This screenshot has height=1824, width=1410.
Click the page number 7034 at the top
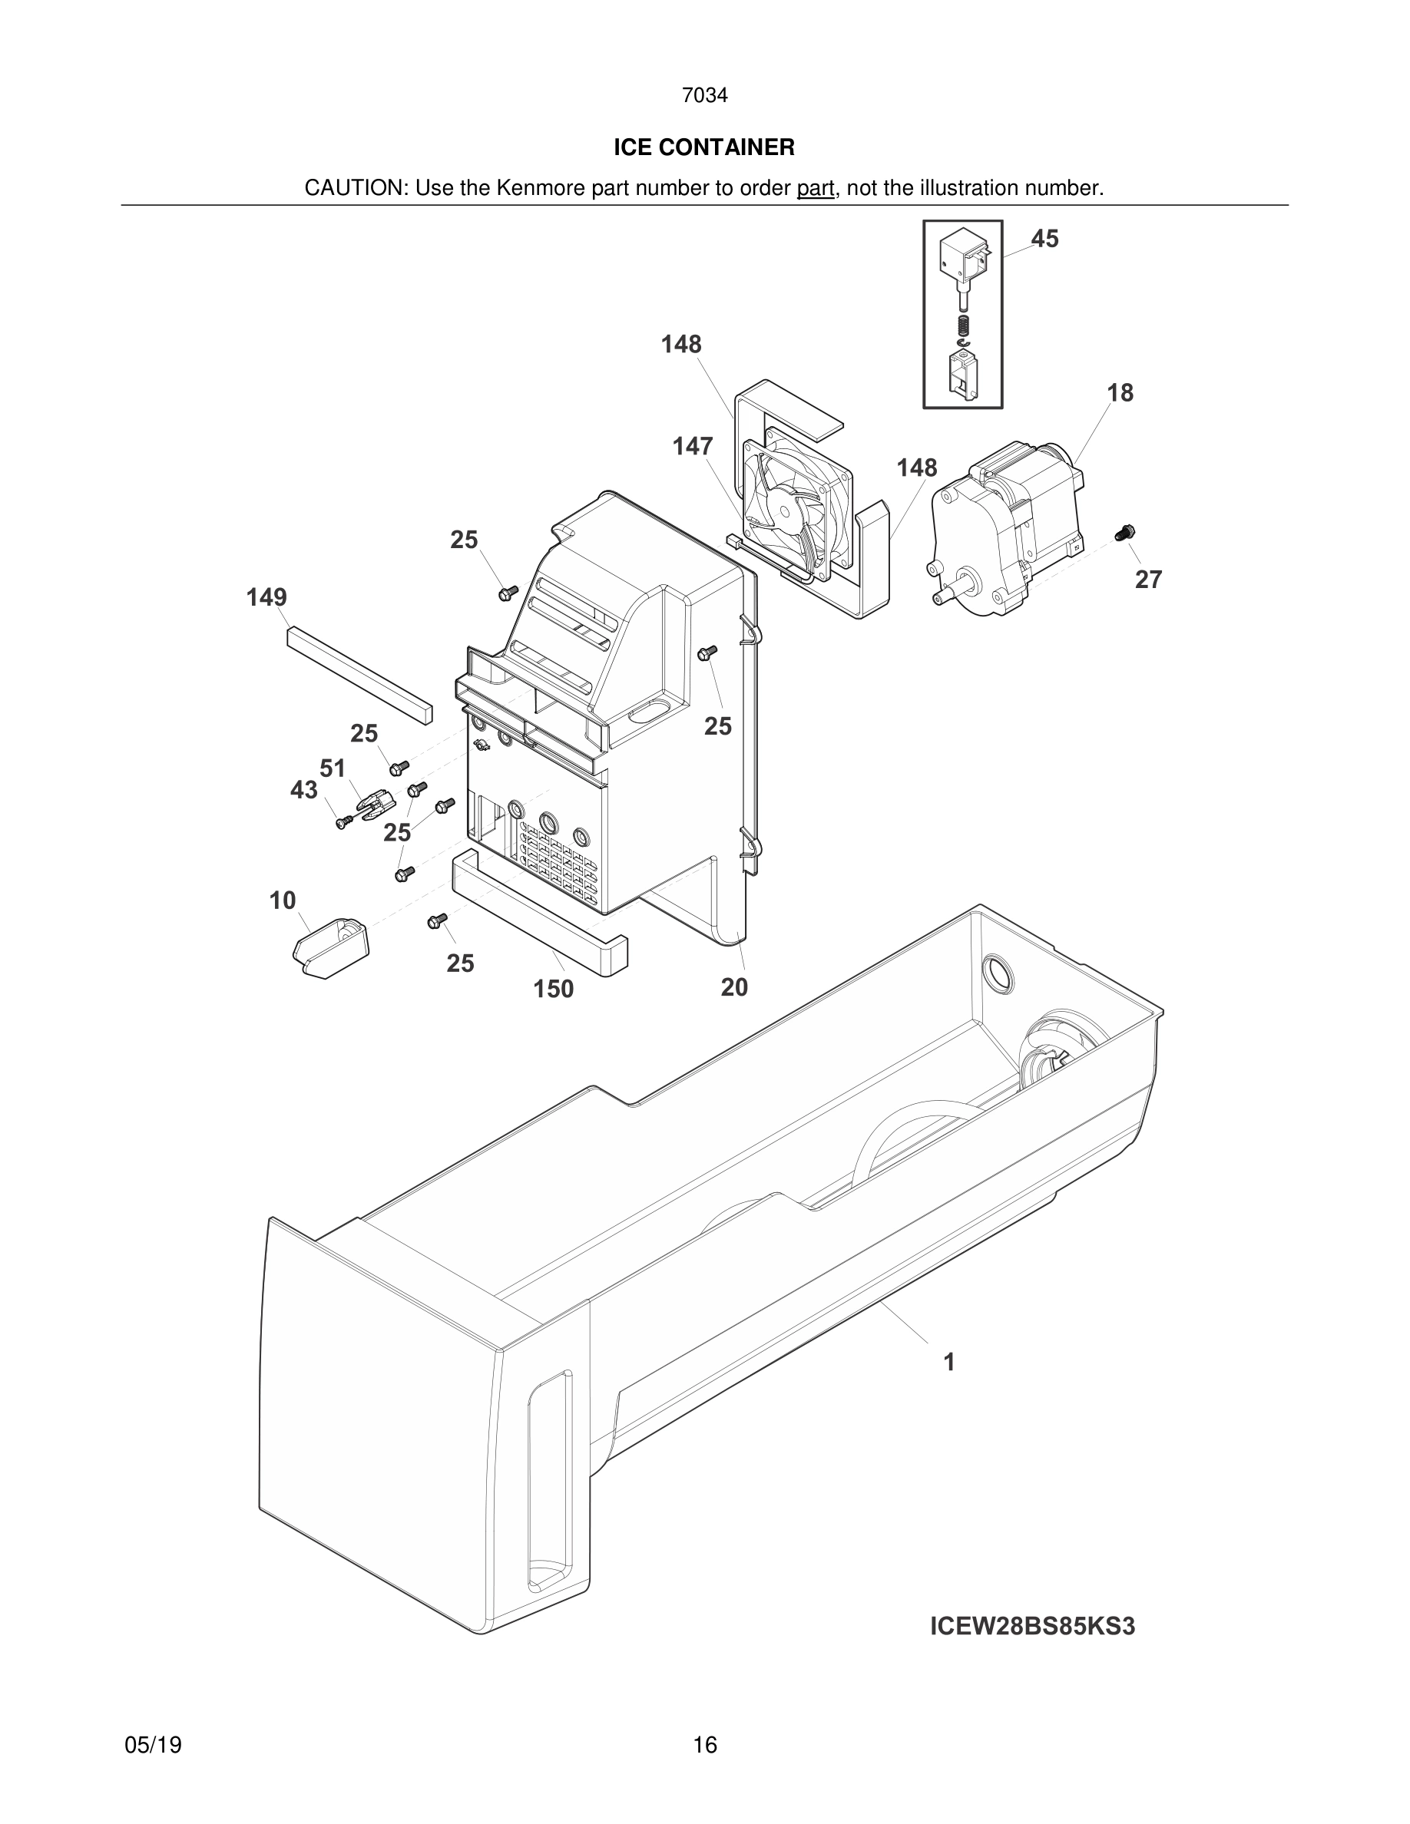[x=704, y=96]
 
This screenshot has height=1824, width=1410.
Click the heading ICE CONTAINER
[x=704, y=148]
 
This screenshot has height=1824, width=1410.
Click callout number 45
[x=1044, y=239]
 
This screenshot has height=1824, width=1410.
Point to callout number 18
[x=1120, y=392]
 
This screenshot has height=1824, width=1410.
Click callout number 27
[x=1147, y=579]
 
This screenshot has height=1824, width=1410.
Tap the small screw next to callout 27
[x=1126, y=531]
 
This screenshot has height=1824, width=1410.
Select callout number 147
[x=693, y=447]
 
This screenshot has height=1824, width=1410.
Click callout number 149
[x=266, y=597]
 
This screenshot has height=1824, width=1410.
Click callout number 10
[x=283, y=900]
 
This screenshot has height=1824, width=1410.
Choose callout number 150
[x=554, y=989]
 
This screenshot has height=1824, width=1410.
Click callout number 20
[x=734, y=987]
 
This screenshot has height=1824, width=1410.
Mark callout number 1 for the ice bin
[x=949, y=1362]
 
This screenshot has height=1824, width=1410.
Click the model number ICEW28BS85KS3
[x=1032, y=1627]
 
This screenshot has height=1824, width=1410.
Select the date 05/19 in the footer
[x=153, y=1744]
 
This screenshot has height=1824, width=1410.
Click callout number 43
[x=304, y=790]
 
